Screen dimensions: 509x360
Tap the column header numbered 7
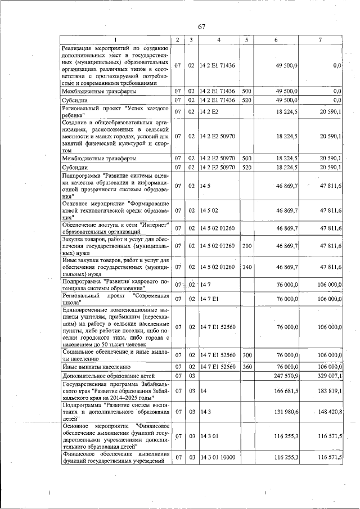pos(319,40)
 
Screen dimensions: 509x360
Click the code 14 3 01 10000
pos(218,458)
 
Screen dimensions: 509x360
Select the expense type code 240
pos(246,267)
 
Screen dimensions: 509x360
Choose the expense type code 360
pos(246,366)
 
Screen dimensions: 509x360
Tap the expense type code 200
pos(246,246)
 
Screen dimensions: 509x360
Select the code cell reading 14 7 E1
pos(209,299)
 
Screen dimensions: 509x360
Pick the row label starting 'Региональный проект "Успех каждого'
pos(114,112)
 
